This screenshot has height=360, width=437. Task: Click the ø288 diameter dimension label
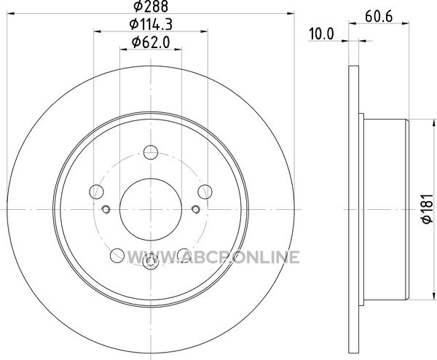point(151,6)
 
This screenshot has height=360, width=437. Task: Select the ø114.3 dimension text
point(151,24)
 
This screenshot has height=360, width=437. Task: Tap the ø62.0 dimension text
point(151,43)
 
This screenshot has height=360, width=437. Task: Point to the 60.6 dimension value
point(379,17)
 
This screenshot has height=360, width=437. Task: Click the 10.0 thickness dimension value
point(321,34)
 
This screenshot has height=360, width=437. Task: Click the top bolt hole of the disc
point(151,152)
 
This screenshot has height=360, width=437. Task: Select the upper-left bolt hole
point(96,192)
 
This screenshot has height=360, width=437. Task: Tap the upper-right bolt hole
point(205,192)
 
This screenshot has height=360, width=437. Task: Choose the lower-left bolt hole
point(117,256)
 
